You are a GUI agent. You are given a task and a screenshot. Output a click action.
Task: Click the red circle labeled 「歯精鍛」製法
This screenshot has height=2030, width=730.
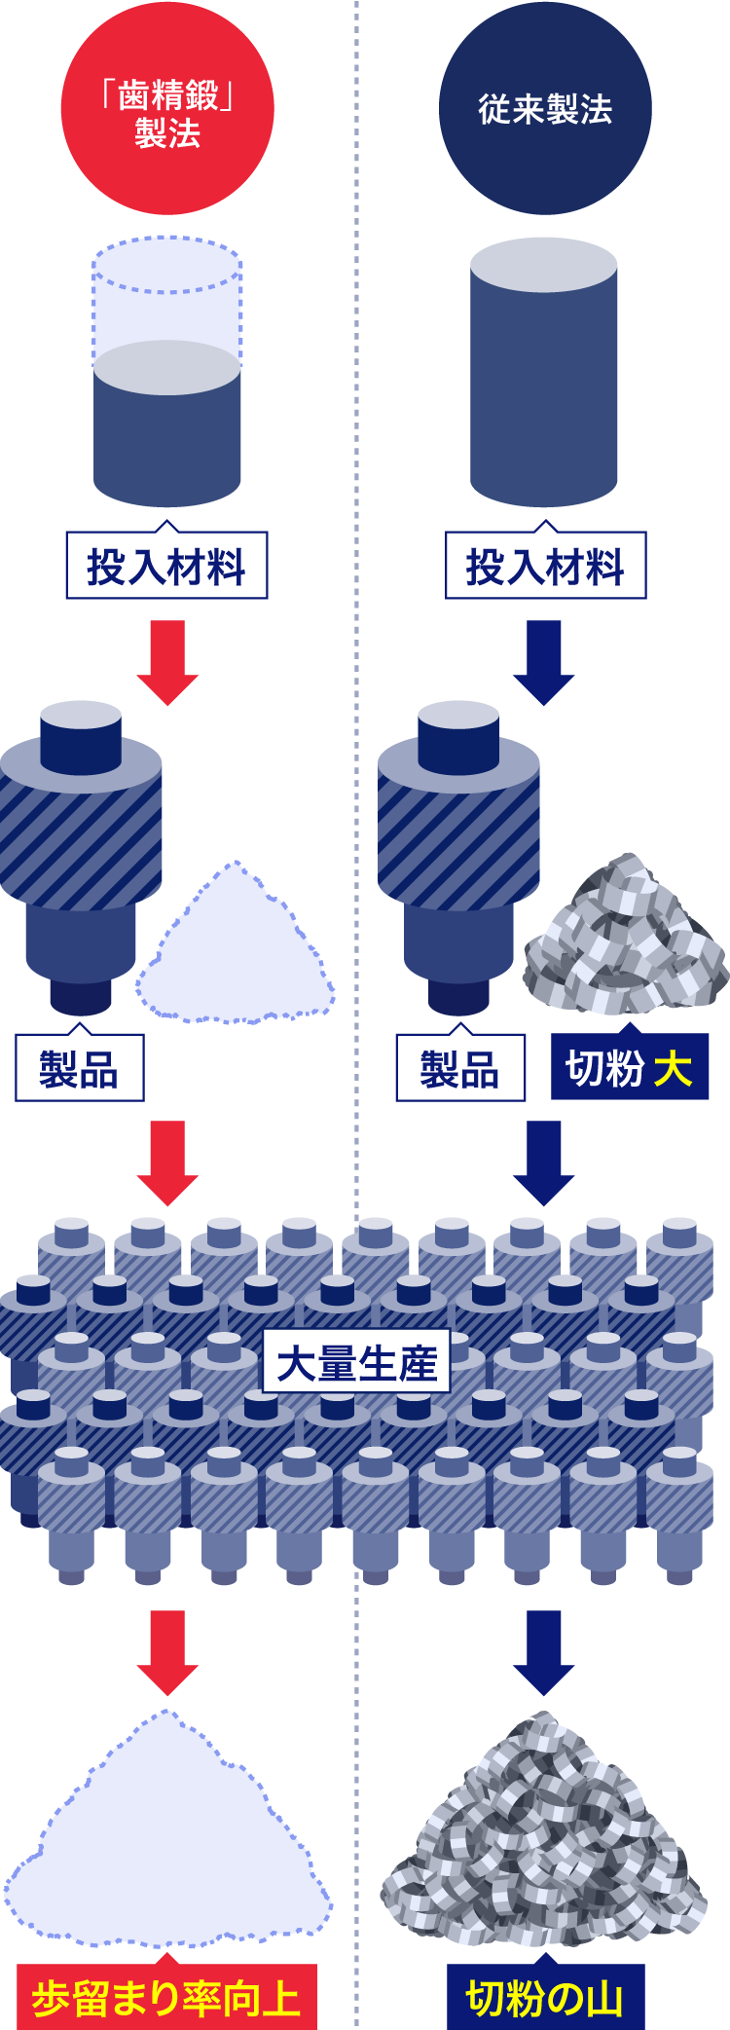(x=167, y=109)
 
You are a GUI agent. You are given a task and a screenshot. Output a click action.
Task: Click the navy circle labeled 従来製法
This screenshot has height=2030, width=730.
(x=545, y=109)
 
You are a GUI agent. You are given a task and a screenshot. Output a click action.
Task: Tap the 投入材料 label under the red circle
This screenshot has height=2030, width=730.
(x=166, y=566)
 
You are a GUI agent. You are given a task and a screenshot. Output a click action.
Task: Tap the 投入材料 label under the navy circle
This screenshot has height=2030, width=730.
(x=545, y=566)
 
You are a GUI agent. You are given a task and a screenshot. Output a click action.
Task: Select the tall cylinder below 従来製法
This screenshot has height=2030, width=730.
(x=544, y=373)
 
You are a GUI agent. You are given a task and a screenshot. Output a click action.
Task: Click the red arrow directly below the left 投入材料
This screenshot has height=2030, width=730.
(x=167, y=662)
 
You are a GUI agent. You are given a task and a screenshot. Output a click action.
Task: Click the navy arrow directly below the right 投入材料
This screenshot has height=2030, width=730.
(x=544, y=662)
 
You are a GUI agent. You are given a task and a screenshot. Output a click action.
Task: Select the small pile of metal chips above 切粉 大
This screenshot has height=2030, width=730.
(x=626, y=937)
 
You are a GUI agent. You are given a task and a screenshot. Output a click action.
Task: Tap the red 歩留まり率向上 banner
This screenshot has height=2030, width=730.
(x=166, y=1996)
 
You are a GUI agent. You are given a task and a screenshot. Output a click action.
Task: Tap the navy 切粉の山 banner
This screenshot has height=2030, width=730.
(x=545, y=1996)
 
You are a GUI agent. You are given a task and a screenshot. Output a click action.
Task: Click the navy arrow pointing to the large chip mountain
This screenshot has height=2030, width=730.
(x=544, y=1652)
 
